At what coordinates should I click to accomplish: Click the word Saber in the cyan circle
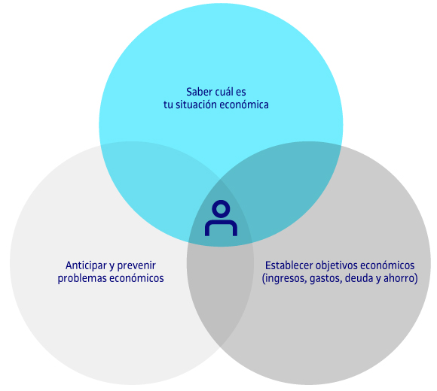click(198, 92)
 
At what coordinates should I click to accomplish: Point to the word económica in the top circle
click(244, 105)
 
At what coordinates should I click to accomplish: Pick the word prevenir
click(136, 266)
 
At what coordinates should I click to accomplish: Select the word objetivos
click(336, 266)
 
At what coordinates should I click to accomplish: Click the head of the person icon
click(221, 209)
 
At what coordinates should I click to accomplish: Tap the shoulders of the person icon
click(221, 223)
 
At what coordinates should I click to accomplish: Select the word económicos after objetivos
click(387, 265)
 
